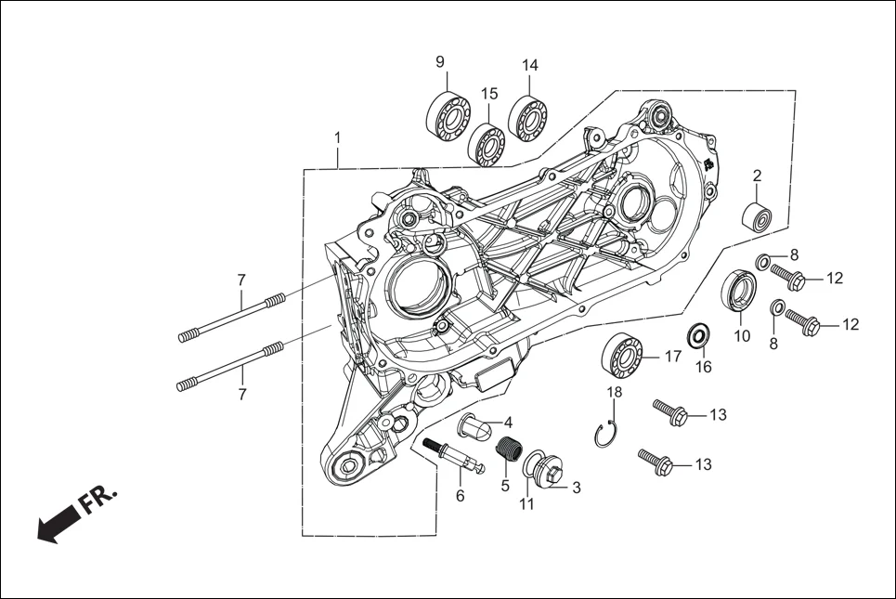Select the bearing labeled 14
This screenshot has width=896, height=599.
click(x=526, y=117)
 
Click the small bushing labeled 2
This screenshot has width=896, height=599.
click(x=758, y=216)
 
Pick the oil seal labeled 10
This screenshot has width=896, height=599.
click(x=739, y=291)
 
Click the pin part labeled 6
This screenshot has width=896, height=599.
click(x=453, y=456)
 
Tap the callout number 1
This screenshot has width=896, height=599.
click(x=337, y=137)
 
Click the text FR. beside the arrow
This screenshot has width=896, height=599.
click(x=98, y=498)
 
